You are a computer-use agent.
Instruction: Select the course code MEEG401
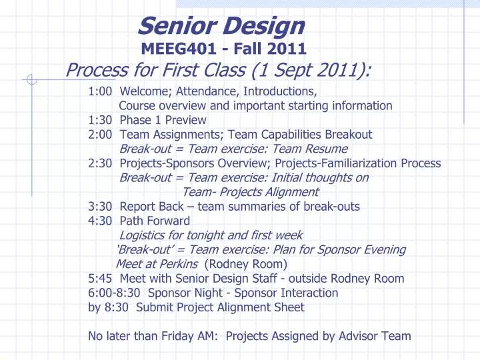coord(170,48)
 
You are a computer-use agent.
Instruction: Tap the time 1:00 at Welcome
coord(100,91)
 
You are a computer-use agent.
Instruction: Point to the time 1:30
coord(100,120)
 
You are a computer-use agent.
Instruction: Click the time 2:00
coord(100,134)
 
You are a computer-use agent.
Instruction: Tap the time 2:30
coord(100,163)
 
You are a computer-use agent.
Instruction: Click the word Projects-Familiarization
coord(347,163)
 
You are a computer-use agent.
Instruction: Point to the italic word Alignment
coord(289,192)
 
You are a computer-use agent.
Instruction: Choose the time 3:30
coord(100,206)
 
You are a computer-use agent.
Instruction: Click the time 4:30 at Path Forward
coord(100,221)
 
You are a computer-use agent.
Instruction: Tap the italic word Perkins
coord(179,264)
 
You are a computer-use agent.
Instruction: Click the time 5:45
coord(100,279)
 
